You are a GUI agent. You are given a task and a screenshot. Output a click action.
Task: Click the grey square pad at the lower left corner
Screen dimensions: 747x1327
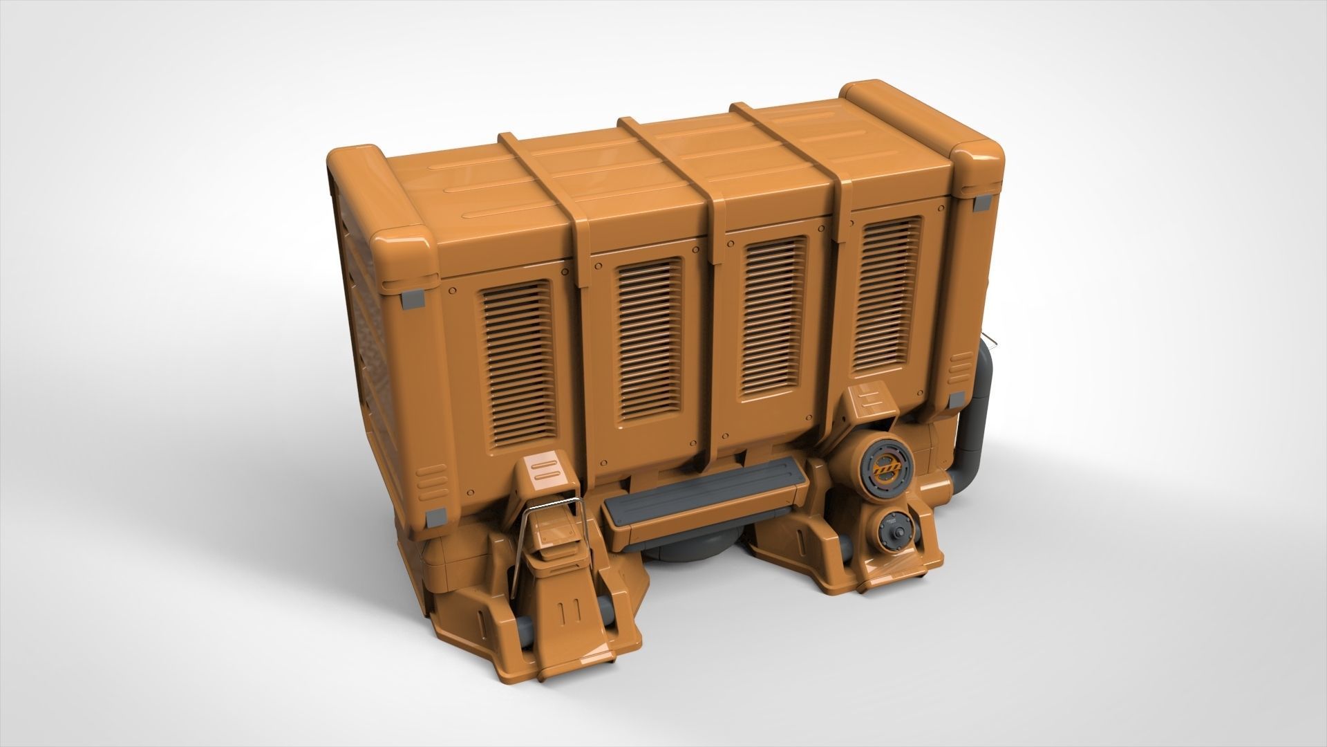point(436,516)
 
